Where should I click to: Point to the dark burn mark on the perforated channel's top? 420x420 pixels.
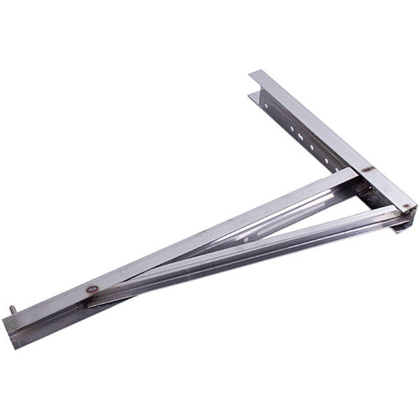(367, 168)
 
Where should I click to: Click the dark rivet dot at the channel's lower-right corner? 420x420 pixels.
(404, 208)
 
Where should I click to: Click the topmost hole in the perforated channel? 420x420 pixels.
(267, 102)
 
